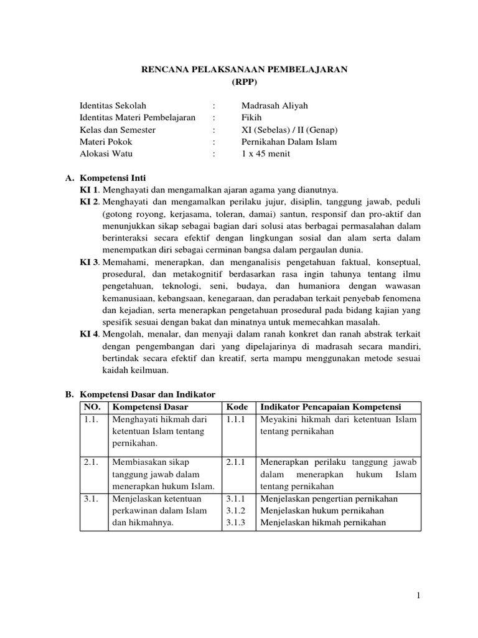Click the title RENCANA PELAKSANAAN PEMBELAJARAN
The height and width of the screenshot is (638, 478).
(243, 70)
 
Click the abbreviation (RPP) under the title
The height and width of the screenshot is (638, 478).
(243, 82)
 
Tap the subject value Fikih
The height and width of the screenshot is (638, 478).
(252, 118)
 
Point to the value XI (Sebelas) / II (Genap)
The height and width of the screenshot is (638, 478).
(289, 130)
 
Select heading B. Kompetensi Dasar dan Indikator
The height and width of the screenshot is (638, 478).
(140, 394)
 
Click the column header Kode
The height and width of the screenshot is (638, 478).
(237, 407)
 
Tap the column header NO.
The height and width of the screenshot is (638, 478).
(92, 407)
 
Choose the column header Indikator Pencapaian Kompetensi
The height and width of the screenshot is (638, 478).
(330, 407)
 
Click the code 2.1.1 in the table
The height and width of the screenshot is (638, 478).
(237, 462)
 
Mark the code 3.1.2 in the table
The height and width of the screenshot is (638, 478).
(237, 511)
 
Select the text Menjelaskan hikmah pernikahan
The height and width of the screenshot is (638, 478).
(323, 523)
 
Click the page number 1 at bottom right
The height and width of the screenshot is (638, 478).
(419, 596)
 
